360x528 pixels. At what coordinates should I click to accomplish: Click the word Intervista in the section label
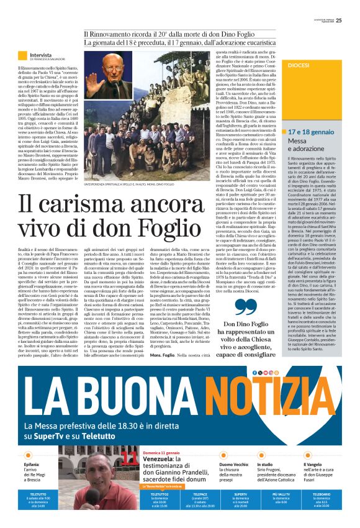click(x=41, y=55)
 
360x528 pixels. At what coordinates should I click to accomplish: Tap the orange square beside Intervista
click(x=22, y=56)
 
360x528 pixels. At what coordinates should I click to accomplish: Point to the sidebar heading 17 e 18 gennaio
click(x=313, y=132)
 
